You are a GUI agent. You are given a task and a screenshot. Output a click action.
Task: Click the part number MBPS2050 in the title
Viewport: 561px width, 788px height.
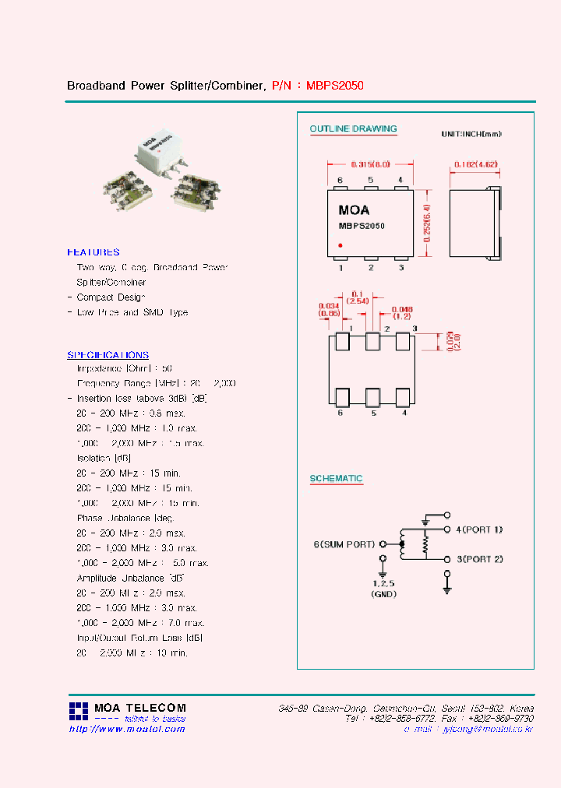click(335, 85)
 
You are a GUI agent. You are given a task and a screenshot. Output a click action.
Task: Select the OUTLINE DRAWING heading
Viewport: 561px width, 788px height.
click(353, 129)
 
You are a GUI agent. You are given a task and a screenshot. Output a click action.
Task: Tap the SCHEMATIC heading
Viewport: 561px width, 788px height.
click(336, 479)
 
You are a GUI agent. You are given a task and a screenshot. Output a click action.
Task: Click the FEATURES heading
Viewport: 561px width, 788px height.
click(93, 252)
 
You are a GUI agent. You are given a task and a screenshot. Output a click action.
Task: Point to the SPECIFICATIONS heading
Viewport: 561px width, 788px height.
click(108, 355)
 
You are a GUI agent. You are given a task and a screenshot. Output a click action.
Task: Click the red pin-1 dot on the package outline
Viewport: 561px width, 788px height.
click(340, 245)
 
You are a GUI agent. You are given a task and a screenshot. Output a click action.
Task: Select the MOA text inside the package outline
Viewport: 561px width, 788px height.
click(354, 210)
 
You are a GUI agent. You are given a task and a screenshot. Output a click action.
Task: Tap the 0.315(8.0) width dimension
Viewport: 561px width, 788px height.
click(370, 165)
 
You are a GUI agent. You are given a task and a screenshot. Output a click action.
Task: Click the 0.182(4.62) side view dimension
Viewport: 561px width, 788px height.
click(475, 165)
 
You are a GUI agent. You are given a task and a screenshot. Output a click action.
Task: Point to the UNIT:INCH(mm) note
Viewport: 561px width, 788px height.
click(471, 135)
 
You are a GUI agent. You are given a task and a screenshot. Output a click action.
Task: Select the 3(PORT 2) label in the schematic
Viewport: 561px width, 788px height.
click(479, 560)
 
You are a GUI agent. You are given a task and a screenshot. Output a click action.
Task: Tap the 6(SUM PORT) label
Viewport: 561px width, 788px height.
click(344, 544)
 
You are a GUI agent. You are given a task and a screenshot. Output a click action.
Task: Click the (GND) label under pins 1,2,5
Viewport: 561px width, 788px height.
click(382, 594)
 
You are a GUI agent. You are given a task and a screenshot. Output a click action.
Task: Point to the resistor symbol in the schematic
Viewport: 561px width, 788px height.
click(425, 544)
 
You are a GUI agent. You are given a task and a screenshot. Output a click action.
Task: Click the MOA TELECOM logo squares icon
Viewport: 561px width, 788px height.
click(79, 710)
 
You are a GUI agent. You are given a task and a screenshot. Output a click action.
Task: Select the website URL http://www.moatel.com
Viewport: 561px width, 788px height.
click(127, 729)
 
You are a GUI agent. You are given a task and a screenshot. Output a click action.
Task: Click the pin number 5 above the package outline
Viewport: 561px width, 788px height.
click(371, 181)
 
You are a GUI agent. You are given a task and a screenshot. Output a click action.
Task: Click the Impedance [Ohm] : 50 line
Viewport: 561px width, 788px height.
click(124, 368)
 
